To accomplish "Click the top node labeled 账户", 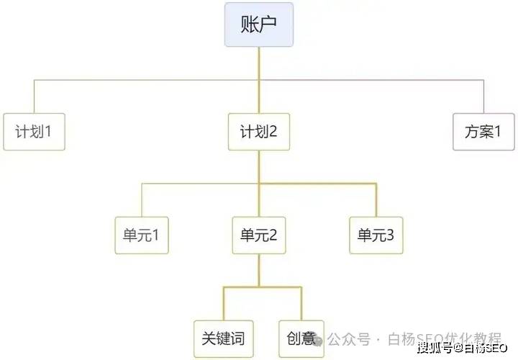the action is click(x=258, y=24).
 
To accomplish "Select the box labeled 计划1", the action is click(x=34, y=132).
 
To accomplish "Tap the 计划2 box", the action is click(x=258, y=132).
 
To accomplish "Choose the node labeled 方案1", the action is click(x=483, y=132).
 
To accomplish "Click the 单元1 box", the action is click(x=141, y=235).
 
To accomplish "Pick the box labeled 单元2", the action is click(x=258, y=235).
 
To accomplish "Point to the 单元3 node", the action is click(x=376, y=235).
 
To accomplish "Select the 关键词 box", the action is click(x=223, y=338).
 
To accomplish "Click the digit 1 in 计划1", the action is click(x=50, y=132).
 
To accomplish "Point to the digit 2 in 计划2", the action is click(x=273, y=132).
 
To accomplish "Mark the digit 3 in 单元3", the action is click(x=391, y=235).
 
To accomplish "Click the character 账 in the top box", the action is click(x=249, y=24).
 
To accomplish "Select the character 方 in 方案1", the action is click(x=472, y=132).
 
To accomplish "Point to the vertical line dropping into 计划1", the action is click(x=34, y=96).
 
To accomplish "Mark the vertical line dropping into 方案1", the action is click(x=483, y=96).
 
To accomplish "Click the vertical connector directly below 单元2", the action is click(x=258, y=270).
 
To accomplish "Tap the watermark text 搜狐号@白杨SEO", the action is click(x=463, y=348).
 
